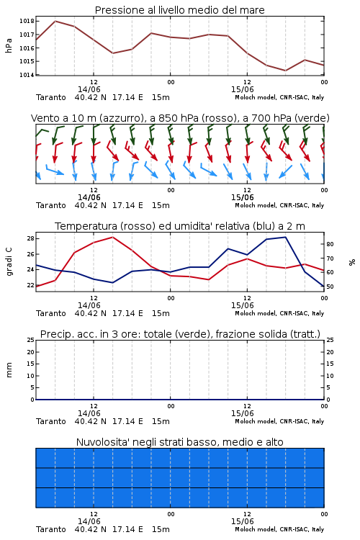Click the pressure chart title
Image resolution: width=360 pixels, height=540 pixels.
[x=179, y=10]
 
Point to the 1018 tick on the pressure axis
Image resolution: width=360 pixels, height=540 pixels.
[x=27, y=21]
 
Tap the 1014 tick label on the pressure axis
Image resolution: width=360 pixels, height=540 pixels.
[x=27, y=75]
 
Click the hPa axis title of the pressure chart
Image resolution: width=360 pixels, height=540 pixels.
[x=9, y=45]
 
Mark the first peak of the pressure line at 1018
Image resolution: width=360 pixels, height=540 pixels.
[x=55, y=21]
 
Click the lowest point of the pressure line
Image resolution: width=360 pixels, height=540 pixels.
[x=285, y=71]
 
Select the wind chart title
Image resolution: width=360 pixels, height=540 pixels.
[x=180, y=118]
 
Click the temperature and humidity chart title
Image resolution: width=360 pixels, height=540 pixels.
[x=179, y=226]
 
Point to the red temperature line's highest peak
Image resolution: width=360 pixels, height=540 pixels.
[x=112, y=237]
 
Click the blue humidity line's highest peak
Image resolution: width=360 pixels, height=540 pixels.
[x=285, y=237]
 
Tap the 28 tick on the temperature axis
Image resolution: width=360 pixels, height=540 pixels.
[x=30, y=238]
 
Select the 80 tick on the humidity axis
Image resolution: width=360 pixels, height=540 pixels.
[x=330, y=244]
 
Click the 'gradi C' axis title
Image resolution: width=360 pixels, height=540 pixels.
[x=9, y=262]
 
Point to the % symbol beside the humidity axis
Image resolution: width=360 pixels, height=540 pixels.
[x=352, y=262]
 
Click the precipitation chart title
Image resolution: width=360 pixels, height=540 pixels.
[x=180, y=334]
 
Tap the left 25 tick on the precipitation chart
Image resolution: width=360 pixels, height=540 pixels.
[x=30, y=340]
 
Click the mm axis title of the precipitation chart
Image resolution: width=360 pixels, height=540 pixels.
[x=9, y=370]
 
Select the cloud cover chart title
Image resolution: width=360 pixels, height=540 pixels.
[x=179, y=442]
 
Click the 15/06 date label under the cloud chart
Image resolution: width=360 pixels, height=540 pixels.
[x=242, y=521]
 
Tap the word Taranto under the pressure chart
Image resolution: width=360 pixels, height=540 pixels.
[x=50, y=97]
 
